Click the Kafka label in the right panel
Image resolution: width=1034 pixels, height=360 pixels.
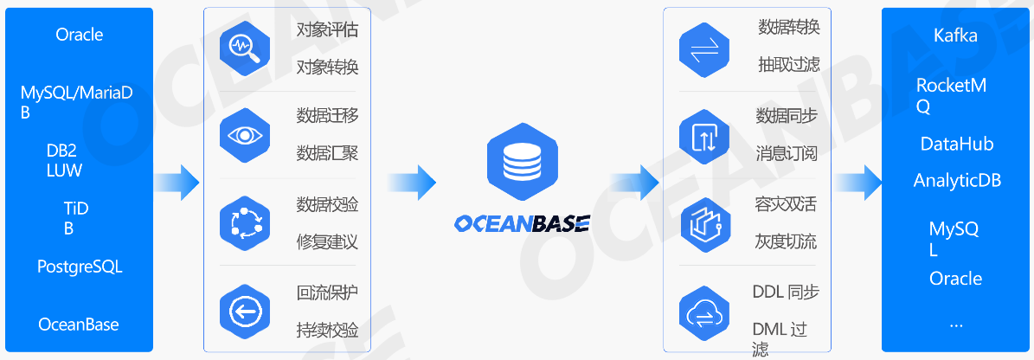point(955,35)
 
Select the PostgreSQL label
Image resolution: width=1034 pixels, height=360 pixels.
point(80,267)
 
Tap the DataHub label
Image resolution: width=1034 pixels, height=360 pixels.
point(956,145)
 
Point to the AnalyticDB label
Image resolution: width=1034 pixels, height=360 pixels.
point(956,181)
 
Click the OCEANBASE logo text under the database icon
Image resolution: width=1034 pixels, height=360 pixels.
point(521,224)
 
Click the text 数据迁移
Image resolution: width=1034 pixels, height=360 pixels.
point(327,116)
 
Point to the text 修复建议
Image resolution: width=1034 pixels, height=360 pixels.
point(327,241)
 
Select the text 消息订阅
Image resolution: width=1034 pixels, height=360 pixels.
point(787,153)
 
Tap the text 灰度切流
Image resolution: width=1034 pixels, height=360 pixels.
point(786,241)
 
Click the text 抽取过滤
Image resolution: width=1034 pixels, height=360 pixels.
point(788,64)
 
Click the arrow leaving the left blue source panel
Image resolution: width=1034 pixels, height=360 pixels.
point(177,182)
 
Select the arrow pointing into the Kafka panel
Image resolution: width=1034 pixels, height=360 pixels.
point(858,182)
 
